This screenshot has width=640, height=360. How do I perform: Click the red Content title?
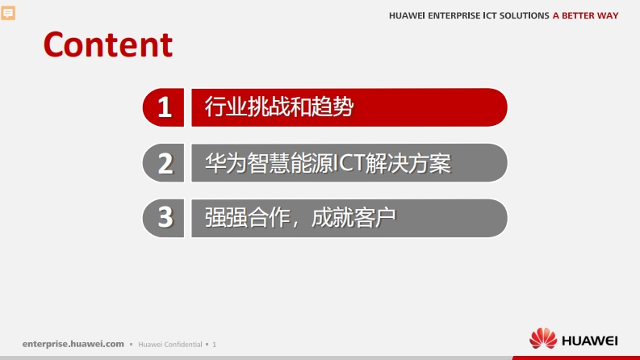coord(108,44)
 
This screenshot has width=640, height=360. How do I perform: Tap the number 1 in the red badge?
coord(165,107)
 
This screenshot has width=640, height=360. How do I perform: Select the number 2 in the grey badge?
coord(165,163)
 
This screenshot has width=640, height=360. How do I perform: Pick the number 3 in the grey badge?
coord(165,217)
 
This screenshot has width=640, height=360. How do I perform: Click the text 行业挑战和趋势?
coord(279,107)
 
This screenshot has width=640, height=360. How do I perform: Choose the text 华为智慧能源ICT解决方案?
coord(328,163)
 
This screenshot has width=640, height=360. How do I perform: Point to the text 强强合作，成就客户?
coord(300,218)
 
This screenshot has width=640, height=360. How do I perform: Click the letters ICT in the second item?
coord(349,163)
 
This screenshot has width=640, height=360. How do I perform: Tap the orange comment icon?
coord(8,13)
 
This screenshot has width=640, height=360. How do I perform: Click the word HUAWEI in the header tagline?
coord(407,15)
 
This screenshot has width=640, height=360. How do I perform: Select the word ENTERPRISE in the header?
coord(454,15)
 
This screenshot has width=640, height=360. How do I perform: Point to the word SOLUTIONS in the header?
coord(524,15)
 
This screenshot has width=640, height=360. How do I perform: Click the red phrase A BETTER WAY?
coord(585,15)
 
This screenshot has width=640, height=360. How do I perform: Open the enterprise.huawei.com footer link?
coord(73,344)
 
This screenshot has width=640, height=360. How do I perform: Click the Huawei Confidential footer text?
coord(170,345)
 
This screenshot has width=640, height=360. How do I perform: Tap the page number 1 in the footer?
coord(215,345)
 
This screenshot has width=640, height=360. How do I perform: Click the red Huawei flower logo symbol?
coord(543,338)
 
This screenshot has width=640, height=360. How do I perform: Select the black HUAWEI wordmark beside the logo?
coord(590,341)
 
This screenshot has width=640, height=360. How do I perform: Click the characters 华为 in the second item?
coord(226,163)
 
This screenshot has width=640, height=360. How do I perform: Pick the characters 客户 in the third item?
coord(375,218)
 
